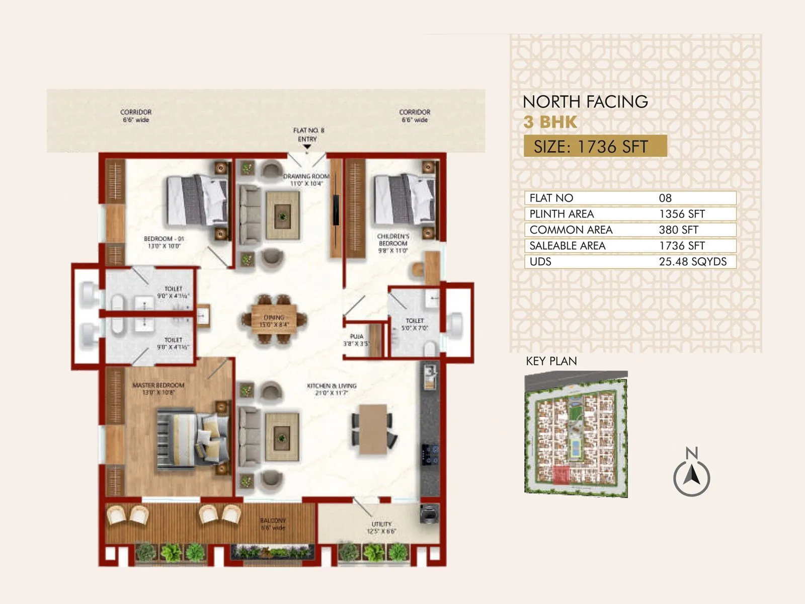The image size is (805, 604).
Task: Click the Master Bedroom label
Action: pyautogui.click(x=158, y=388)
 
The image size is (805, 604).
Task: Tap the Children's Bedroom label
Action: pyautogui.click(x=393, y=243)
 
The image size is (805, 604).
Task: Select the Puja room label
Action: pyautogui.click(x=356, y=340)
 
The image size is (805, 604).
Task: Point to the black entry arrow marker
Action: pyautogui.click(x=307, y=147)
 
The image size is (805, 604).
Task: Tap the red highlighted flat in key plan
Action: pyautogui.click(x=561, y=475)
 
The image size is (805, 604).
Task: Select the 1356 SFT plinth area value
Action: pyautogui.click(x=682, y=214)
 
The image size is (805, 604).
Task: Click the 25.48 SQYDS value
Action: pyautogui.click(x=692, y=262)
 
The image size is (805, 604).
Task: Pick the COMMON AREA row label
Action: pyautogui.click(x=571, y=230)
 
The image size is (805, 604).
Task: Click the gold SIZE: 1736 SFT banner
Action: pyautogui.click(x=595, y=146)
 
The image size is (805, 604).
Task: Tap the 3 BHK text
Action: pyautogui.click(x=550, y=122)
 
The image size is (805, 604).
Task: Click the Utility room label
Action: pyautogui.click(x=381, y=527)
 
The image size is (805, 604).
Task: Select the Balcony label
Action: pyautogui.click(x=273, y=524)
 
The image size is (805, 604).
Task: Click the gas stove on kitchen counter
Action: pyautogui.click(x=430, y=455)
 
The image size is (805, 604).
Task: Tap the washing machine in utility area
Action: pyautogui.click(x=429, y=514)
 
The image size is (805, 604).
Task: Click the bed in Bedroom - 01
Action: pyautogui.click(x=196, y=200)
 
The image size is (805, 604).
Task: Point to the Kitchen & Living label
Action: pyautogui.click(x=332, y=389)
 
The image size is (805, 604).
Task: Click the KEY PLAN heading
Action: pyautogui.click(x=551, y=361)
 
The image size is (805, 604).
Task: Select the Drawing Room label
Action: pyautogui.click(x=306, y=180)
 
